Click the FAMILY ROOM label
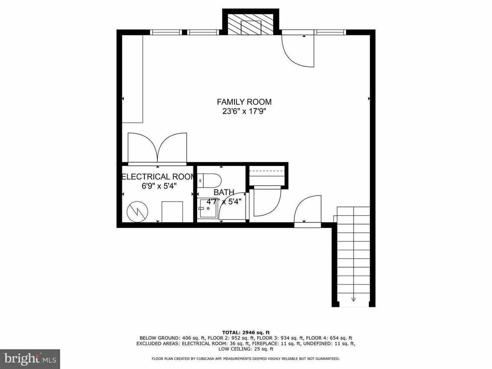pyautogui.click(x=244, y=102)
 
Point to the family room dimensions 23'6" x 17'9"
pyautogui.click(x=244, y=111)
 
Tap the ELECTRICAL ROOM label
pyautogui.click(x=158, y=177)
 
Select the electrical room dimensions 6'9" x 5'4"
pyautogui.click(x=158, y=186)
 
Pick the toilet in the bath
pyautogui.click(x=210, y=180)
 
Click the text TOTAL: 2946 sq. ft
pyautogui.click(x=246, y=332)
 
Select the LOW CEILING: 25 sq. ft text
pyautogui.click(x=246, y=349)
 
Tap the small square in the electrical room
pyautogui.click(x=172, y=211)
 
